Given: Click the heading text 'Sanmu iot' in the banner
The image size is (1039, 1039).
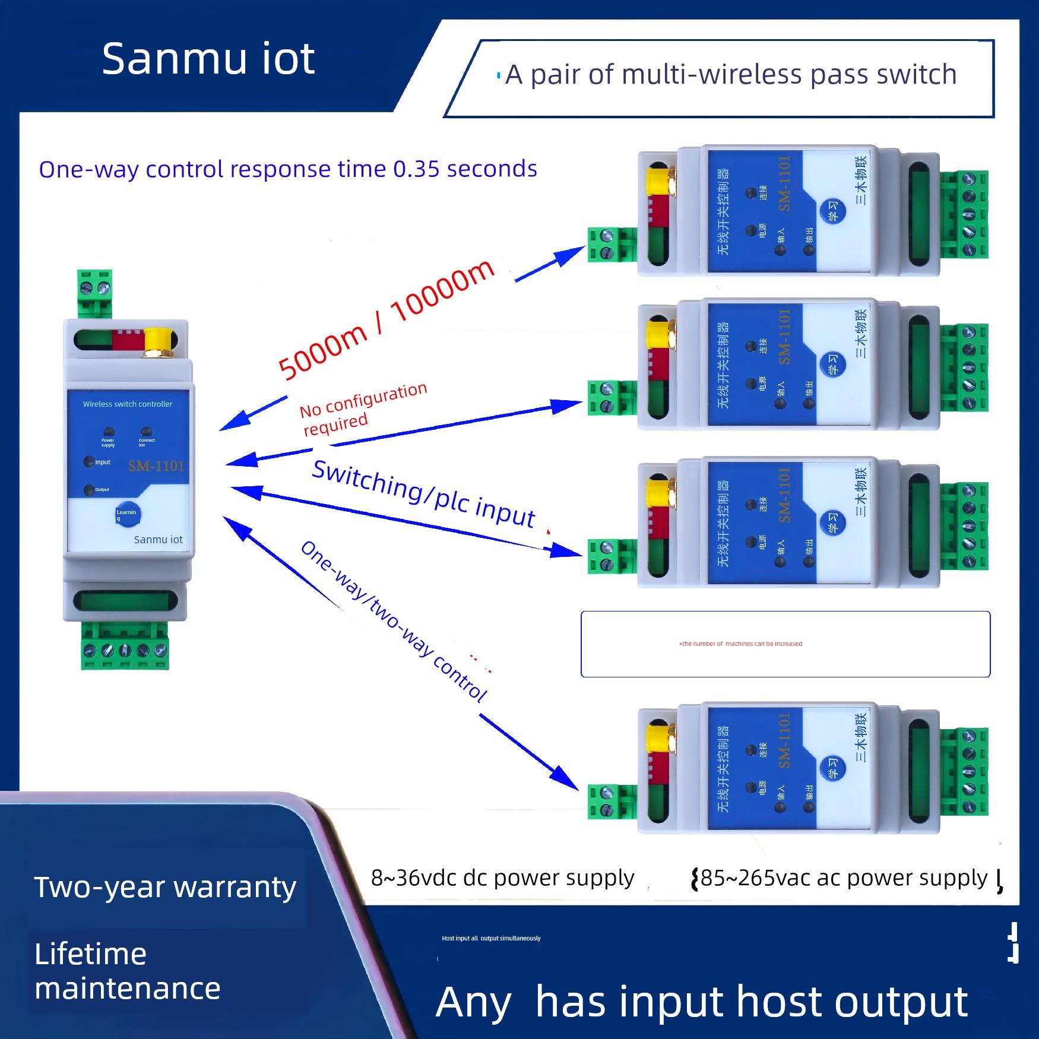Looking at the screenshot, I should coord(208,59).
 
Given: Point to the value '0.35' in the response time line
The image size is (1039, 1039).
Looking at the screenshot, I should coord(416,169).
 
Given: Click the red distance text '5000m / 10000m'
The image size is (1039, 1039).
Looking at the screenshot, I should coord(386,321).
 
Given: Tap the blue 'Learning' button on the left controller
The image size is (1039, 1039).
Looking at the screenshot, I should coord(127,514).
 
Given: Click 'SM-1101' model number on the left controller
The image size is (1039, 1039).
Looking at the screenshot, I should coord(156,466).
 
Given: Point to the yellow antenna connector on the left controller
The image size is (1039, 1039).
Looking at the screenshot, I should coord(158,343).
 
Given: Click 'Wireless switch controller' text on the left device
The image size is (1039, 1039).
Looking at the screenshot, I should coord(128,404).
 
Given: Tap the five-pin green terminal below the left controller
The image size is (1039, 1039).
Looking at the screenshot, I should coord(125,650).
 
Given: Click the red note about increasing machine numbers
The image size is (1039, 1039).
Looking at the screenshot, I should coord(740,644).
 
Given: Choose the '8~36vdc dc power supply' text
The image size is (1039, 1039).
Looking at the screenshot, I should coord(502,878).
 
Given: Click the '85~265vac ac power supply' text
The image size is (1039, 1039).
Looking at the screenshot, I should coord(844,878).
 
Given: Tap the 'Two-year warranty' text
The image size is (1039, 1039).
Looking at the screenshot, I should coord(165,887).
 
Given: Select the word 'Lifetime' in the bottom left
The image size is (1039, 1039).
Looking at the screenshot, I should coord(90,955).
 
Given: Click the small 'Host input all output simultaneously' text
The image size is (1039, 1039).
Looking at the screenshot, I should coord(491,939).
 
